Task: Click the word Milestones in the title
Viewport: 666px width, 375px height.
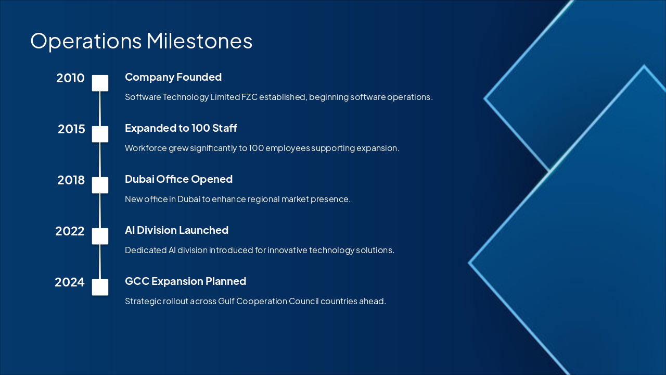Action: click(x=199, y=41)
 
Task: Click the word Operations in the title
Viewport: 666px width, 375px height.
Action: click(x=86, y=42)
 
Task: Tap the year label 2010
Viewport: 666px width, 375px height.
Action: click(x=70, y=78)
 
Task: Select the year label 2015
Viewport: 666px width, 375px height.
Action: click(x=71, y=129)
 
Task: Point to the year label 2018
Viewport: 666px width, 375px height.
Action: click(x=71, y=180)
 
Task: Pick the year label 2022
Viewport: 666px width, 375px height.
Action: click(x=70, y=231)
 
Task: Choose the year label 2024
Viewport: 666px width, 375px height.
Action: click(x=70, y=282)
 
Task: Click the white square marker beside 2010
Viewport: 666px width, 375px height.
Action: click(x=100, y=83)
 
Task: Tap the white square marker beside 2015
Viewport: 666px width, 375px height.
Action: click(x=100, y=134)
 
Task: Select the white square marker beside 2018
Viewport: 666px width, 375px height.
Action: click(x=100, y=185)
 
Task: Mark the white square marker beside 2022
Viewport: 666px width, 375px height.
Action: click(x=100, y=236)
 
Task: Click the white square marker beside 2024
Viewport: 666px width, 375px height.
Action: click(x=100, y=287)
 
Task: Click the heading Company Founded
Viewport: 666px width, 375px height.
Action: click(x=173, y=78)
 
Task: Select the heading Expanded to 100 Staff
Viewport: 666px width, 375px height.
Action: click(x=181, y=128)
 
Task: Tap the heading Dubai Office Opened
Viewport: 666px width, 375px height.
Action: click(x=178, y=179)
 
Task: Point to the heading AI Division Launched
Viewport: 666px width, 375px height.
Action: click(x=176, y=230)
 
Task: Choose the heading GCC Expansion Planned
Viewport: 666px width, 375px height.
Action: click(x=186, y=281)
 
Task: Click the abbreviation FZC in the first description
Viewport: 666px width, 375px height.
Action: click(x=249, y=97)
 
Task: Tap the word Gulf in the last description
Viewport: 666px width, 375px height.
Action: click(x=226, y=301)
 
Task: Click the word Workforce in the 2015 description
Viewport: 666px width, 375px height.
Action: click(x=146, y=148)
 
